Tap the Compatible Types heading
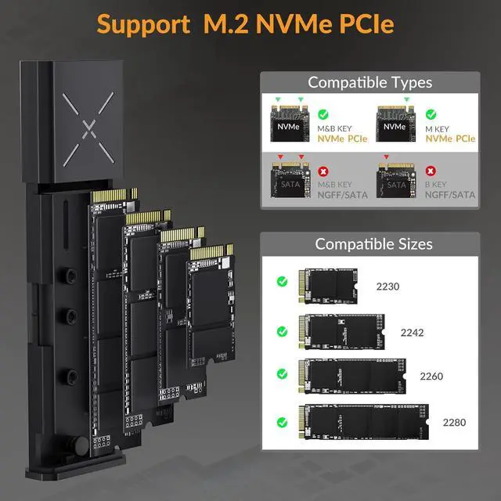369,82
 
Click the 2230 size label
387,287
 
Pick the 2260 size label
431,377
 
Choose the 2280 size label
453,422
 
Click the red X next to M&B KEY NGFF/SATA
323,170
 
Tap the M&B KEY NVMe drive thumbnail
290,124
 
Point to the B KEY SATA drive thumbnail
397,185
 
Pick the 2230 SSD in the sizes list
329,285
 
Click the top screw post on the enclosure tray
68,276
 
